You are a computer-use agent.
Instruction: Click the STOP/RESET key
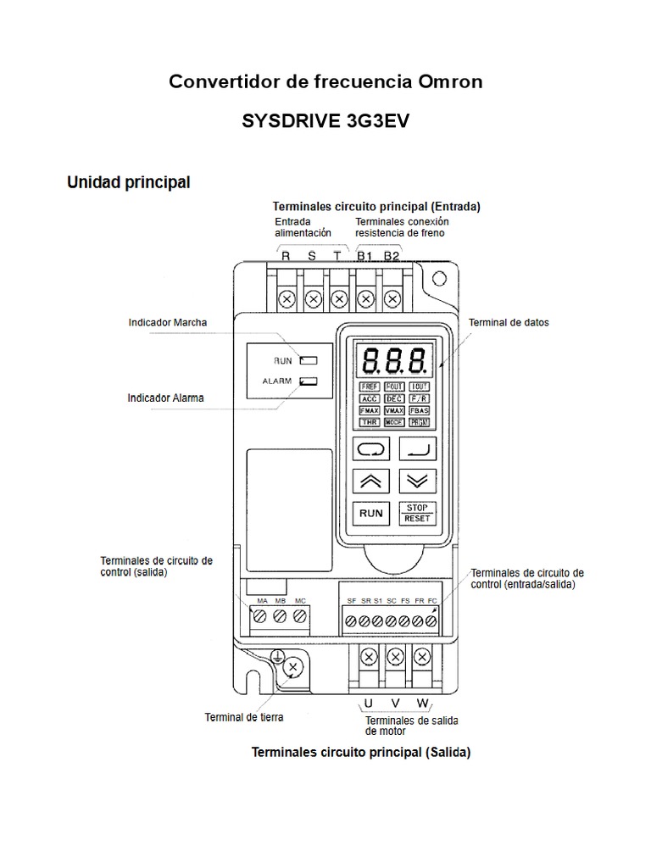[418, 512]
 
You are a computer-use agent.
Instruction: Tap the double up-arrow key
[370, 480]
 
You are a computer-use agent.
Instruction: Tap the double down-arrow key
[418, 480]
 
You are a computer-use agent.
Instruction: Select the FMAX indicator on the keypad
[370, 409]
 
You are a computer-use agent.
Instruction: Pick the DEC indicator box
[393, 398]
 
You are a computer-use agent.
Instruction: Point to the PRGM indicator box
[419, 421]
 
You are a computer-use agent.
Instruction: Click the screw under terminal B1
[365, 298]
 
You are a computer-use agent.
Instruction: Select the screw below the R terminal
[287, 298]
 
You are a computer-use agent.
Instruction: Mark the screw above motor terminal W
[421, 656]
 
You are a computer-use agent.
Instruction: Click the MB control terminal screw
[280, 616]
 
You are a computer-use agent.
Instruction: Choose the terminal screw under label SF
[351, 621]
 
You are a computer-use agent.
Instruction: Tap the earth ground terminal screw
[292, 668]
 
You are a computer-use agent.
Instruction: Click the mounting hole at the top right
[438, 279]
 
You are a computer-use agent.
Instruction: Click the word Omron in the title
[450, 81]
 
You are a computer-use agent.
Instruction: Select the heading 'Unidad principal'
[128, 181]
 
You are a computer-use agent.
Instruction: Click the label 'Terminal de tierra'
[244, 717]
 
